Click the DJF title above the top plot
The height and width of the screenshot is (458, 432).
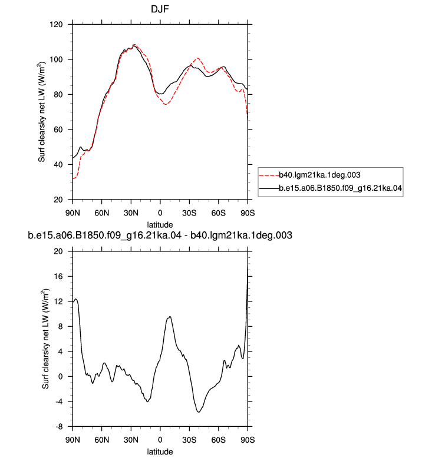[x=160, y=9]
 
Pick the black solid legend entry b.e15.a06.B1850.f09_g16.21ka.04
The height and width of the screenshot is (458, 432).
[x=331, y=188]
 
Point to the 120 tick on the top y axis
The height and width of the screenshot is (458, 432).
[x=56, y=25]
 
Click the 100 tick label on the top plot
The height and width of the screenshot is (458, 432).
[x=56, y=59]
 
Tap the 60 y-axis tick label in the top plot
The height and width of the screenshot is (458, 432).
[x=58, y=130]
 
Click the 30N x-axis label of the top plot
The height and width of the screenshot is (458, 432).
[x=131, y=213]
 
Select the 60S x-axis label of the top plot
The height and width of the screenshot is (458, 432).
[x=219, y=213]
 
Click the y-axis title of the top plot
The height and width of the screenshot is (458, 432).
[x=41, y=112]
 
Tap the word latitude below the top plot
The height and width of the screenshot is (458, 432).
[x=160, y=225]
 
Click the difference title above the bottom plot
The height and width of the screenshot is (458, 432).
[x=160, y=235]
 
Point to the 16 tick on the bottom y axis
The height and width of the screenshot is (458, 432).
[x=58, y=276]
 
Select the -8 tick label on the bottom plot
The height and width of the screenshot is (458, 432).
[x=60, y=427]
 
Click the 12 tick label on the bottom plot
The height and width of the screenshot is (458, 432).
[x=58, y=301]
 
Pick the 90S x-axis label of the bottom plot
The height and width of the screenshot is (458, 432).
[x=248, y=440]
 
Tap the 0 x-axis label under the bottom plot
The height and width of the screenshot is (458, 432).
[x=160, y=440]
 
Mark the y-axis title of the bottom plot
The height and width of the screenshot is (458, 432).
[x=45, y=339]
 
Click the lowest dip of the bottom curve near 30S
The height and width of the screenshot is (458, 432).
[x=199, y=412]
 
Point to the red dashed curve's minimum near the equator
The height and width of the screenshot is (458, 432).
[x=166, y=104]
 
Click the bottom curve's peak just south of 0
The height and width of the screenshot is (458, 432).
[x=170, y=317]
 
